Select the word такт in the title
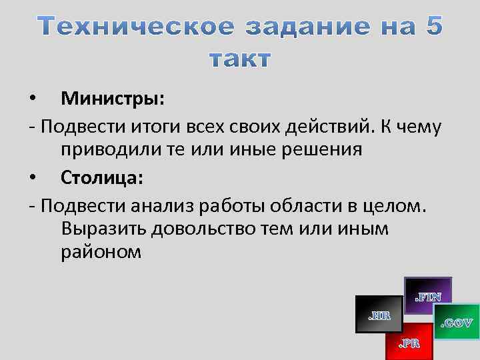coord(240,59)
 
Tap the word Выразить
coord(104,229)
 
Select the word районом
coord(101,253)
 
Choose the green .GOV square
coord(457,322)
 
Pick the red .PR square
coord(409,342)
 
